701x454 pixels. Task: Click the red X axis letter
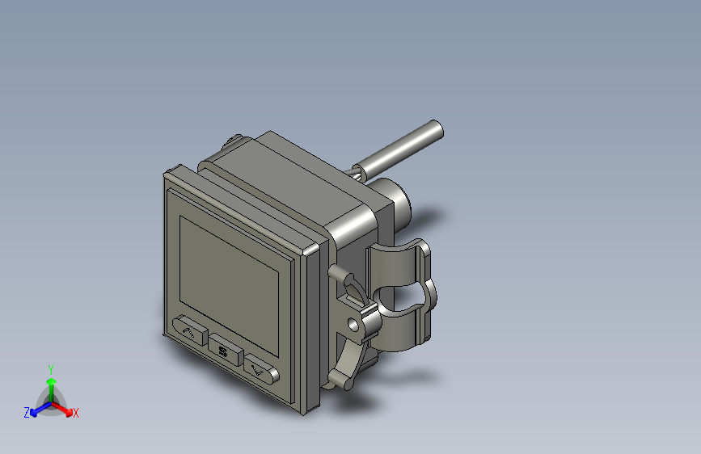point(76,414)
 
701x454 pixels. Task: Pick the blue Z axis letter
point(27,413)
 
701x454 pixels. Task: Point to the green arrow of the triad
point(50,382)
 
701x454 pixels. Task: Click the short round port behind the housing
point(396,202)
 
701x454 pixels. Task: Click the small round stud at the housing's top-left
point(235,140)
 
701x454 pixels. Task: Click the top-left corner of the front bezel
point(167,171)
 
